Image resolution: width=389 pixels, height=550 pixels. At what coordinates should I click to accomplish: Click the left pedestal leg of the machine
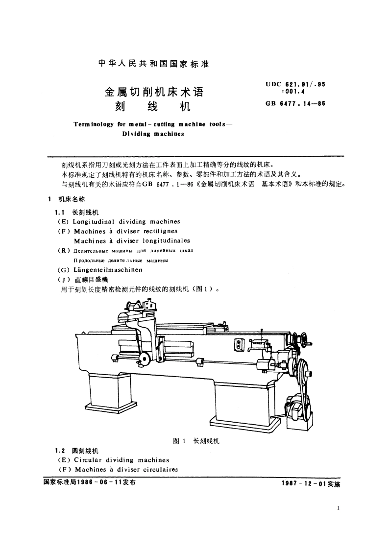point(110,397)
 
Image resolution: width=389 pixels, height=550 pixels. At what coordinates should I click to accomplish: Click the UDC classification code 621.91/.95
point(295,84)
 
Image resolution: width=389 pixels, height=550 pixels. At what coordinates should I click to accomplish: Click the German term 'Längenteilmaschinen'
point(107,269)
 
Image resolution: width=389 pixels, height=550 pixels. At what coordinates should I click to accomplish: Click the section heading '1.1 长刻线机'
point(77,213)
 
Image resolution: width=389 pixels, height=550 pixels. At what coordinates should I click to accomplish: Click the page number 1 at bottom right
point(339,508)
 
